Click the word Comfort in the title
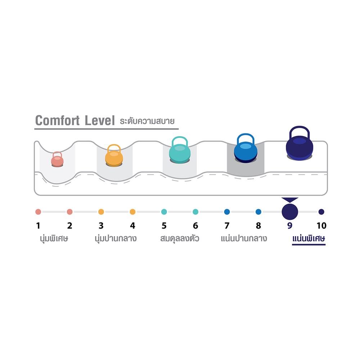pos(57,121)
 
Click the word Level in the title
pos(100,121)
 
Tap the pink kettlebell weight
pos(57,159)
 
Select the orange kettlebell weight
pos(114,155)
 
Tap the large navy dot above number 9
pos(290,211)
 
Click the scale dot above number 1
pos(39,212)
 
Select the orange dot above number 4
pos(132,212)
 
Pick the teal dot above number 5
pos(164,212)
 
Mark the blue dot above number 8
pos(258,212)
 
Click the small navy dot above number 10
pos(321,212)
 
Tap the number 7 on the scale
pos(227,226)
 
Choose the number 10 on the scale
pos(321,226)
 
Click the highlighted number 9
pos(290,226)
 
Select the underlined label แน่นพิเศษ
pos(309,239)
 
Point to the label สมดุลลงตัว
pos(180,238)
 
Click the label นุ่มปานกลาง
pos(116,239)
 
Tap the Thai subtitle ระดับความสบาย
pos(147,121)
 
